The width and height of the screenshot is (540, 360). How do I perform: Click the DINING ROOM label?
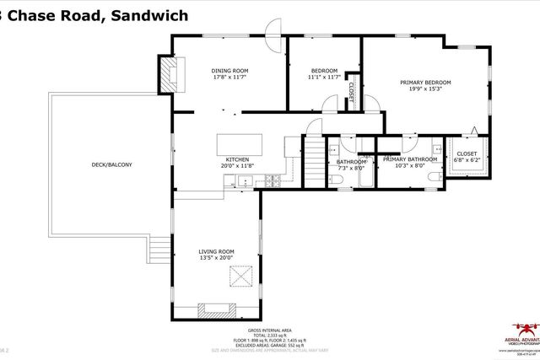(x=229, y=70)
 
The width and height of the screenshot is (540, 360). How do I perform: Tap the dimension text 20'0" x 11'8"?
(x=236, y=166)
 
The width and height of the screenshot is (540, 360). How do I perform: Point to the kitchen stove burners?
(x=273, y=180)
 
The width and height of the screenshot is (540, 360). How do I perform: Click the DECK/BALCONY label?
(x=112, y=164)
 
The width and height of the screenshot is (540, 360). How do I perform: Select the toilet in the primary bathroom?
(x=431, y=177)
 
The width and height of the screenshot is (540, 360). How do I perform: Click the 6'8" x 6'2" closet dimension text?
(x=466, y=160)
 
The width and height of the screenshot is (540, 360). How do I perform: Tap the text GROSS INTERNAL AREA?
(x=269, y=330)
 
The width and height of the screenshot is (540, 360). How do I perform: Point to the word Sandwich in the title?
(x=148, y=14)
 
